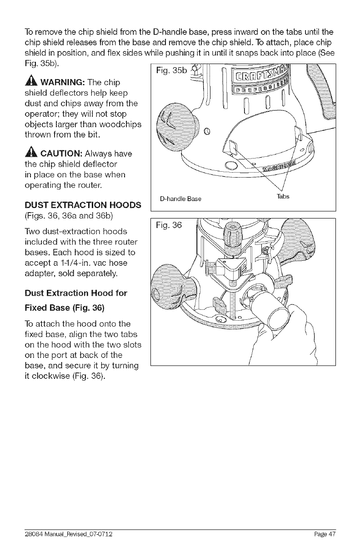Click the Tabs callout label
[x=284, y=197]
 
